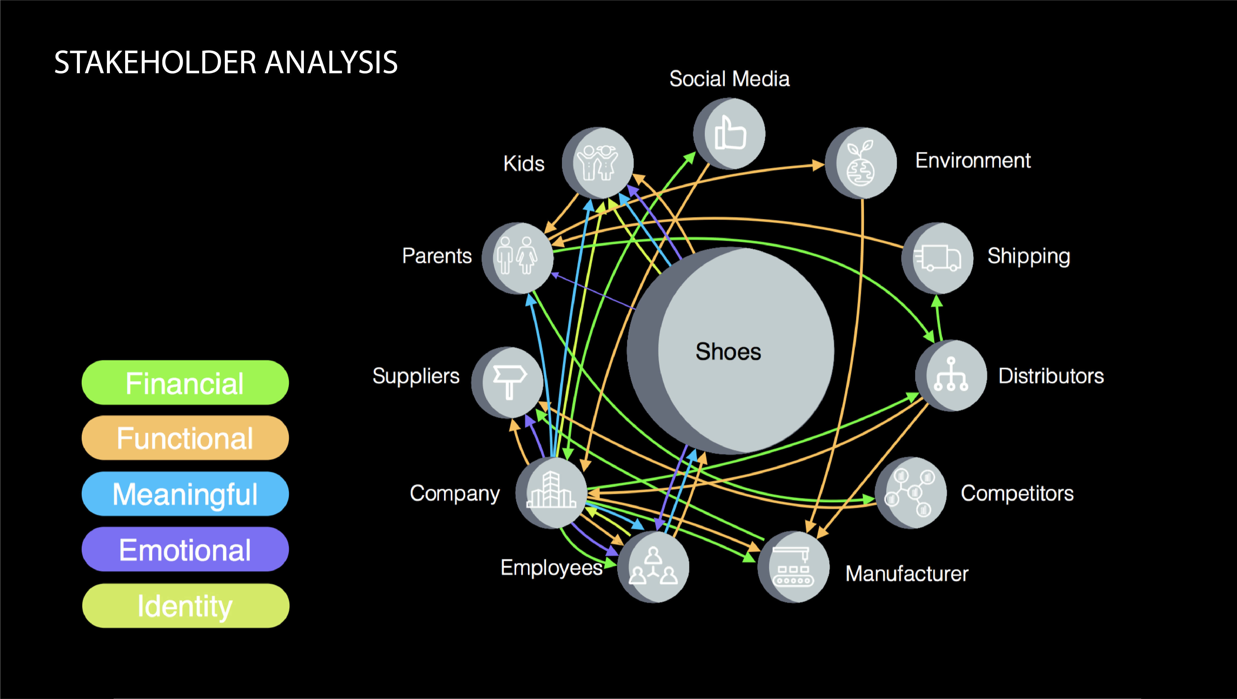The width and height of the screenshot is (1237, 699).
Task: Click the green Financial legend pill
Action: click(185, 383)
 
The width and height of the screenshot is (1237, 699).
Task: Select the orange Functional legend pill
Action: click(185, 438)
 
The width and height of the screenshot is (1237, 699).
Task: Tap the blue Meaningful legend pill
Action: click(185, 494)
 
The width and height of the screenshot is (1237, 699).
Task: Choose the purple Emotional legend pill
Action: click(185, 550)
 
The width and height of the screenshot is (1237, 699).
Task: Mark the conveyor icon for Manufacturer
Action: click(793, 567)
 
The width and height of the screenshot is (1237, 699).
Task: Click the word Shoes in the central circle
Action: click(728, 352)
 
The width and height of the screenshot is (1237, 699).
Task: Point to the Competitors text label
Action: click(1017, 493)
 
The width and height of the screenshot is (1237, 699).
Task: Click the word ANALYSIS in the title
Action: click(331, 62)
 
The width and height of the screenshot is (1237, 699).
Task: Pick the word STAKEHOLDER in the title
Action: click(156, 62)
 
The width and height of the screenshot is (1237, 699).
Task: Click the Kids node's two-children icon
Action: click(598, 162)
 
